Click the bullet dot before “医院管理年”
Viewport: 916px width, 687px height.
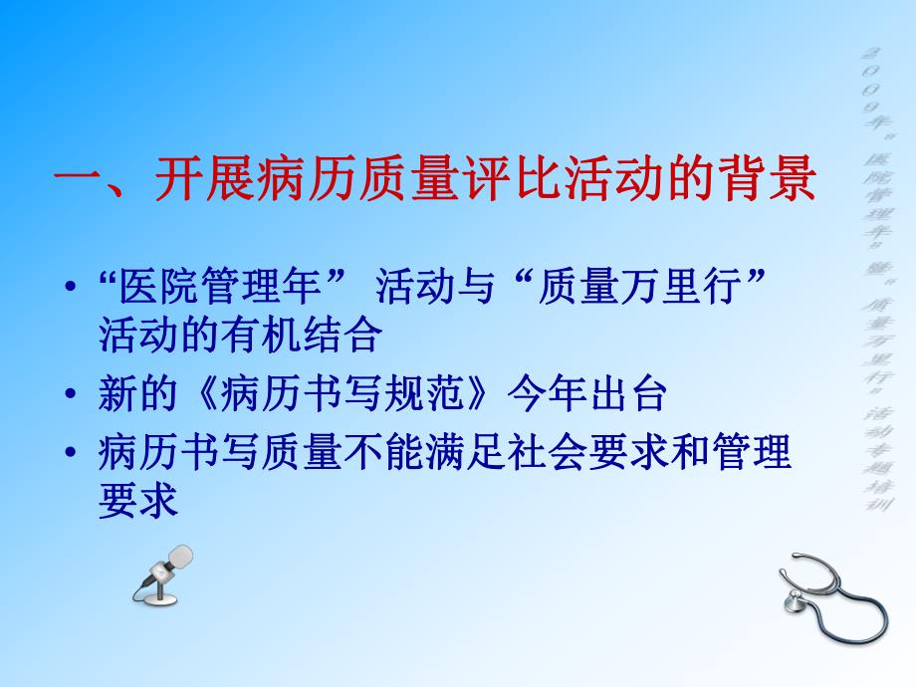click(68, 289)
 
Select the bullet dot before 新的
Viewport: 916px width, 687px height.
click(68, 396)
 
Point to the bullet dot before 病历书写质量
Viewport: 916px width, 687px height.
click(68, 454)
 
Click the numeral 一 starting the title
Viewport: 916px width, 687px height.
click(77, 184)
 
